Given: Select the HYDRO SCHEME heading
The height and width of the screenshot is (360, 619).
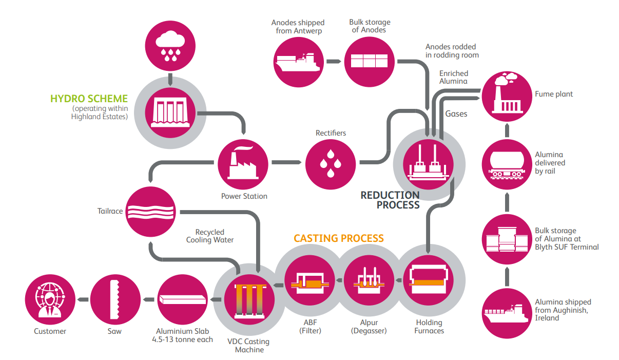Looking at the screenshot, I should pos(89,99).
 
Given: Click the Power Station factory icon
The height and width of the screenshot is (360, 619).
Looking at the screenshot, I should pos(243,163).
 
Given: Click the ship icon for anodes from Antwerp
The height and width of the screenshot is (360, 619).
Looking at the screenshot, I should pos(298,61).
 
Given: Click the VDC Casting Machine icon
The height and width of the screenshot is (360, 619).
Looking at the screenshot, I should pos(249,298).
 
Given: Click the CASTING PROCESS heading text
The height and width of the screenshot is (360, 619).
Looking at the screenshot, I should pos(339,238).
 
